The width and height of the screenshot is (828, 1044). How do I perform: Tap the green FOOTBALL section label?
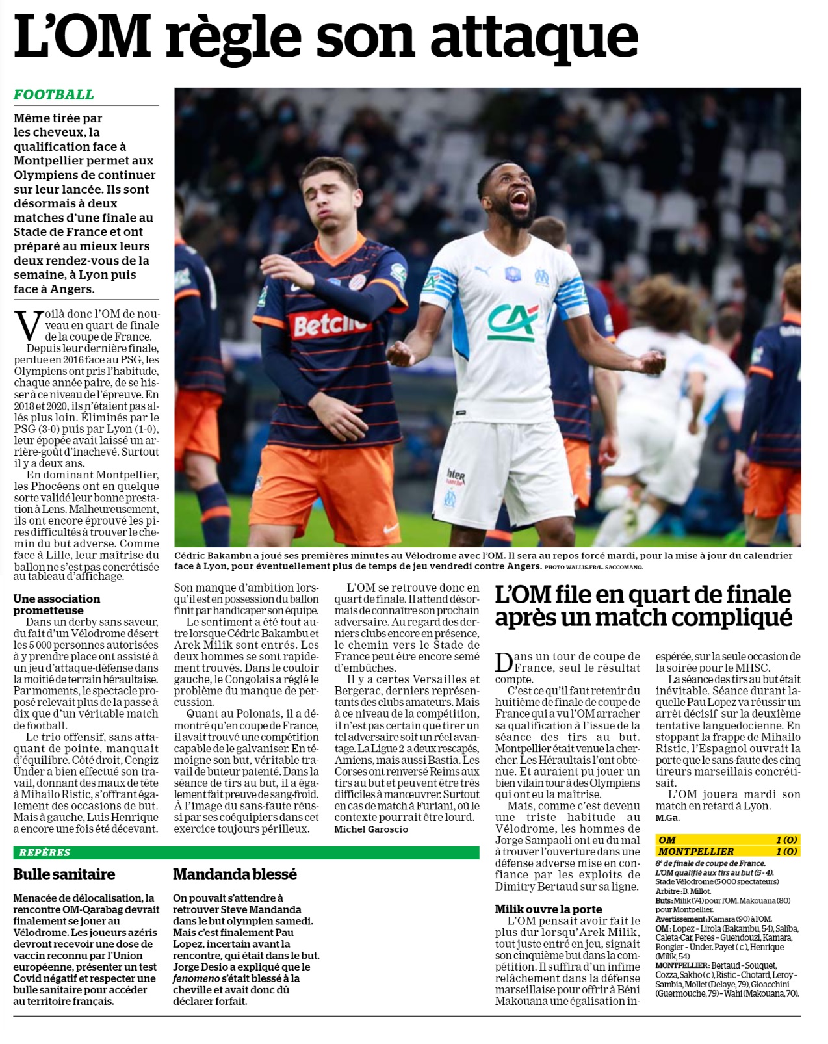point(54,95)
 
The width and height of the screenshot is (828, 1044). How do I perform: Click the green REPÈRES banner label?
point(45,852)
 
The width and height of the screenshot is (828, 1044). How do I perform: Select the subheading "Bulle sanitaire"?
point(64,874)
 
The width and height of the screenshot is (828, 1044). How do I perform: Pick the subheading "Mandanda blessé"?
point(235,874)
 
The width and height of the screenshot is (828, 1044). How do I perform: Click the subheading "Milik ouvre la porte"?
point(549,909)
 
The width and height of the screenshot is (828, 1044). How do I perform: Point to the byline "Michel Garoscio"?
point(371,829)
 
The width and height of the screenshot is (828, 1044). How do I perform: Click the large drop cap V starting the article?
point(29,326)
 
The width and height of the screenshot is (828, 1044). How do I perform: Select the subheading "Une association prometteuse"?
point(57,605)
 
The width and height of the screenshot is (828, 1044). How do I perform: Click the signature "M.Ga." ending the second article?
point(667,818)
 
